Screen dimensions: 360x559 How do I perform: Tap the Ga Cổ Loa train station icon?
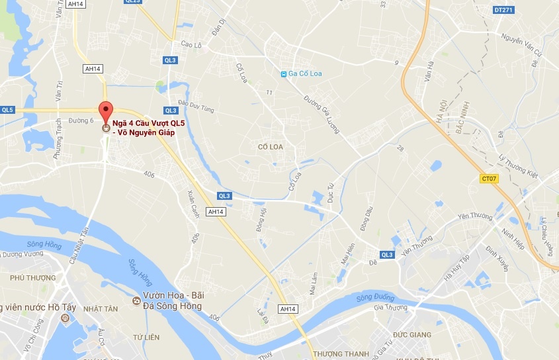(x=283, y=73)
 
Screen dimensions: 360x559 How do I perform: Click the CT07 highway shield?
(x=488, y=179)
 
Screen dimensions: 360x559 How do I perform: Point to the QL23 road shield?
(x=132, y=1)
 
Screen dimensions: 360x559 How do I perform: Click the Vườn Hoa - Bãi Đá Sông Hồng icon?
(x=136, y=301)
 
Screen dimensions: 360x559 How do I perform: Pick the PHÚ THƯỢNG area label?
(x=33, y=278)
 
